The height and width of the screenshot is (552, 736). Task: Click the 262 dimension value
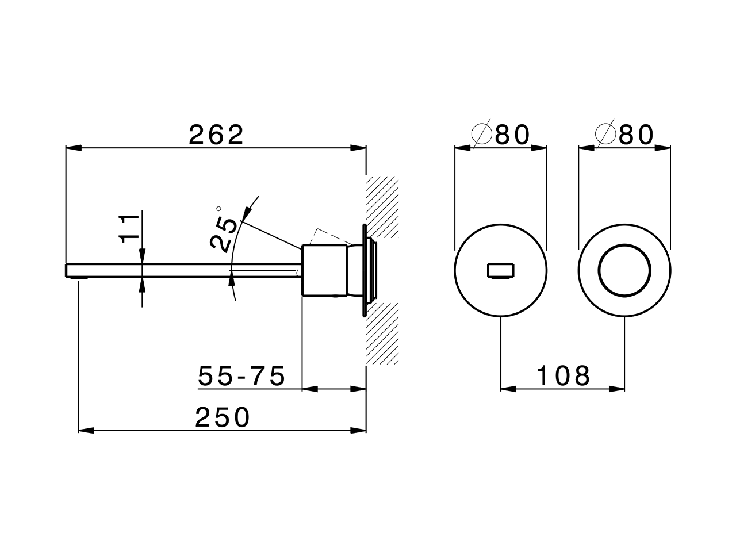(x=217, y=135)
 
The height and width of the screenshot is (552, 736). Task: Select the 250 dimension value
(x=223, y=417)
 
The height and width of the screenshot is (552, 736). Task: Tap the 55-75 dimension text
(x=241, y=377)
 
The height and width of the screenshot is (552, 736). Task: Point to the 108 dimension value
(x=563, y=377)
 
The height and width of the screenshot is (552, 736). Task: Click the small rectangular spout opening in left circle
(x=501, y=270)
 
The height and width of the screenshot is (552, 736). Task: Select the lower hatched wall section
(x=382, y=333)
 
